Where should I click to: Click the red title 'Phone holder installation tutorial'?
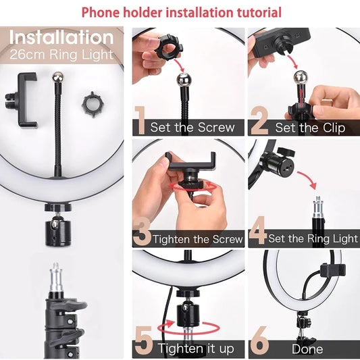pyautogui.click(x=181, y=13)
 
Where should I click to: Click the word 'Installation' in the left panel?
pyautogui.click(x=61, y=37)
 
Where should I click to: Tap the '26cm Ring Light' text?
pyautogui.click(x=61, y=54)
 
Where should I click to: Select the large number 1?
pyautogui.click(x=140, y=121)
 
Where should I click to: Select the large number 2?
pyautogui.click(x=259, y=121)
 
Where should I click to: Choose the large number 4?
pyautogui.click(x=258, y=232)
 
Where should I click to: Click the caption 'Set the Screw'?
pyautogui.click(x=192, y=128)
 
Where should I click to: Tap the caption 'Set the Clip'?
pyautogui.click(x=307, y=128)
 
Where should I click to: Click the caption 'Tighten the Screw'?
pyautogui.click(x=198, y=239)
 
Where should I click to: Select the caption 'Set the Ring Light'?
pyautogui.click(x=313, y=238)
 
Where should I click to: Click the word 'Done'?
pyautogui.click(x=307, y=349)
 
